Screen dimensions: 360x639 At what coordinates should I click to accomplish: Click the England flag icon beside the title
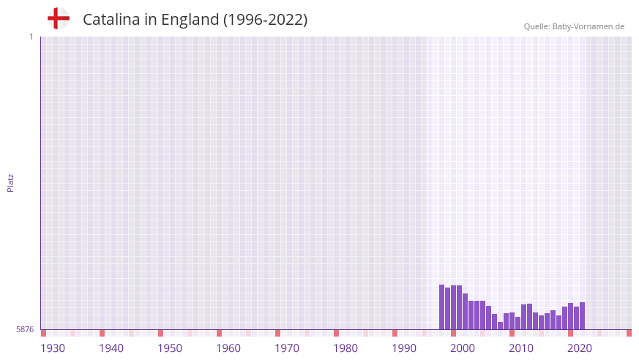tap(58, 18)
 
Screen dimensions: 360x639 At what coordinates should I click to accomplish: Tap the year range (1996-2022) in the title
tap(265, 20)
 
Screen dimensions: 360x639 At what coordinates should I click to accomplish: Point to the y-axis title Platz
tap(10, 182)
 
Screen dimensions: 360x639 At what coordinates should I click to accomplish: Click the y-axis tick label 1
tap(31, 37)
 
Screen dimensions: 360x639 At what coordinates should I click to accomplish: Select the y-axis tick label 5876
tap(25, 330)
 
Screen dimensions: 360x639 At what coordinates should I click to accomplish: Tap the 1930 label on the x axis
tap(53, 348)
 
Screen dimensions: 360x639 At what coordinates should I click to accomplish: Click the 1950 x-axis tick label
tap(170, 348)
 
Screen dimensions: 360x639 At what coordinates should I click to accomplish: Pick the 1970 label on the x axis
tap(287, 348)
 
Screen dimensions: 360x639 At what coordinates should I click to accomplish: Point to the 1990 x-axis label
tap(404, 348)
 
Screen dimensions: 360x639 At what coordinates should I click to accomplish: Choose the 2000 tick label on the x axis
tap(463, 348)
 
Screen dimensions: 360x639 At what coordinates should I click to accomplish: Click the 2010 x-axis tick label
tap(521, 348)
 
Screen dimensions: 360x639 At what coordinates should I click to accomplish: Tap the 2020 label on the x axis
tap(580, 348)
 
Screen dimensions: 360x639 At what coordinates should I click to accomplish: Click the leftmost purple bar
tap(442, 307)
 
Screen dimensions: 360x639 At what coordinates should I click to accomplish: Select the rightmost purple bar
tap(582, 316)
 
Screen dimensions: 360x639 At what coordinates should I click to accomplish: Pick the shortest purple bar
tap(501, 326)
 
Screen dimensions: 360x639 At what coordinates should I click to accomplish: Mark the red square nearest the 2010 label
tap(512, 333)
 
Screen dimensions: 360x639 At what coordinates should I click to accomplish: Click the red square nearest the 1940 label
tap(102, 333)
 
